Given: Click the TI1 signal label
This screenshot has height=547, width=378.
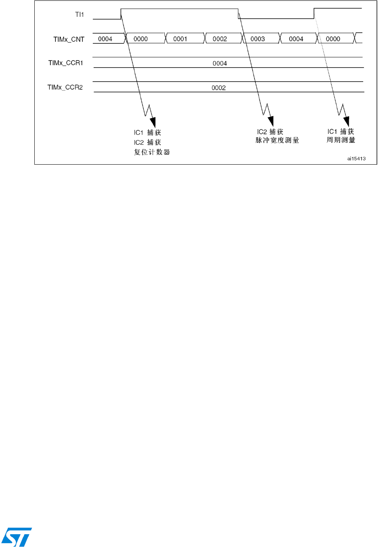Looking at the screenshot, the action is (x=79, y=15).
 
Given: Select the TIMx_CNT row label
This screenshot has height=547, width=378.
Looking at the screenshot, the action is (x=69, y=39).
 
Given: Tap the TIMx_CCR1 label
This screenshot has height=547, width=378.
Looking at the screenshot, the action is (x=66, y=63).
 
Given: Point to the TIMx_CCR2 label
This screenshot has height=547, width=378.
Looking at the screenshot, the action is (x=65, y=87).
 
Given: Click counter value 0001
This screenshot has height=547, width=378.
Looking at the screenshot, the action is (x=180, y=39).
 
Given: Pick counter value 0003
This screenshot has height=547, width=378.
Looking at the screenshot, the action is (x=257, y=39).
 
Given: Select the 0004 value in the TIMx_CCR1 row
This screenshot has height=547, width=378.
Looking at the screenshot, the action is (x=220, y=64).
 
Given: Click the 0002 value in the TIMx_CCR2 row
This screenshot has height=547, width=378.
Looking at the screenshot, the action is (x=218, y=88).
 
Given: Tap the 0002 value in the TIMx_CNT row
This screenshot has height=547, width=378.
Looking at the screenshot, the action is (x=220, y=39).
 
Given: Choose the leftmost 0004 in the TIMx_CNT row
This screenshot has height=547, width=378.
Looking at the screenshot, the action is (x=105, y=39).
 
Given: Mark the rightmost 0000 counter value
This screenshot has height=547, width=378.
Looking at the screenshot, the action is (x=333, y=39).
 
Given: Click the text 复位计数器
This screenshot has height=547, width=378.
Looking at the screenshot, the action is (x=152, y=152).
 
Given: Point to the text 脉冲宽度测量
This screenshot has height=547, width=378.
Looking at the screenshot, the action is (x=277, y=140).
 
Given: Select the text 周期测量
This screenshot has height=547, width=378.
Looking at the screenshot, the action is (x=341, y=140).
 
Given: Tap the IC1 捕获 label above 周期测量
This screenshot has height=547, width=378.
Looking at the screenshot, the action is (x=341, y=132).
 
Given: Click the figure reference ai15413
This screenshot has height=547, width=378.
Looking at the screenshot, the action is (x=356, y=159).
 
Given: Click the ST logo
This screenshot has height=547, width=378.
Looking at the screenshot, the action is (x=16, y=537).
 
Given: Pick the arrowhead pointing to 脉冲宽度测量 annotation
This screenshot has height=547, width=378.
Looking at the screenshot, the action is (x=270, y=121).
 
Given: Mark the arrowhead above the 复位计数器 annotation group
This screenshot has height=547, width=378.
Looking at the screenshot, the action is (x=153, y=122).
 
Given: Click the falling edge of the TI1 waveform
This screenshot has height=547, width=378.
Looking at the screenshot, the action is (x=238, y=14).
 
